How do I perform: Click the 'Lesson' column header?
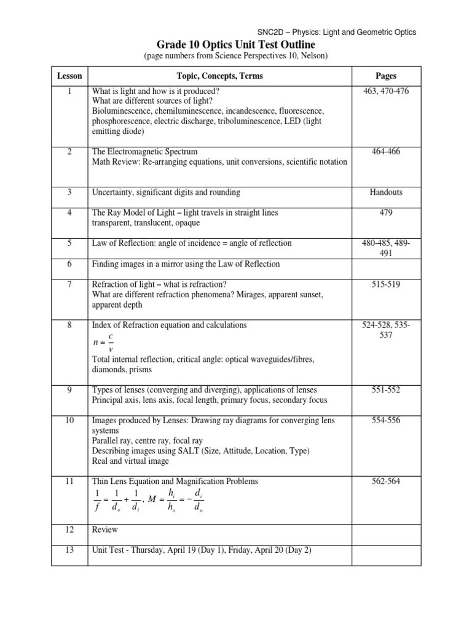(x=69, y=76)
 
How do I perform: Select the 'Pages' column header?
(x=385, y=76)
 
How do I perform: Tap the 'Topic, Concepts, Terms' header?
(x=219, y=76)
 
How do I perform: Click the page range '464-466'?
(x=385, y=151)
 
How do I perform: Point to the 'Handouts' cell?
(x=385, y=192)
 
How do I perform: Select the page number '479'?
(x=385, y=213)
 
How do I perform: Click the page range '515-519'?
(x=385, y=284)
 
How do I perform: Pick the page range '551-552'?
(x=385, y=390)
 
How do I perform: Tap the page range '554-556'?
(x=385, y=420)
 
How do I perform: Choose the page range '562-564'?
(x=385, y=482)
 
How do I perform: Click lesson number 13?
(x=69, y=550)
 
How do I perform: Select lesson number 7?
(x=69, y=284)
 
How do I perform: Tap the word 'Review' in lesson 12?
(x=104, y=529)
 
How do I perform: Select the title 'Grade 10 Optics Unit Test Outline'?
(x=235, y=45)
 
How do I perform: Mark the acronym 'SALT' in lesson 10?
(x=184, y=451)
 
